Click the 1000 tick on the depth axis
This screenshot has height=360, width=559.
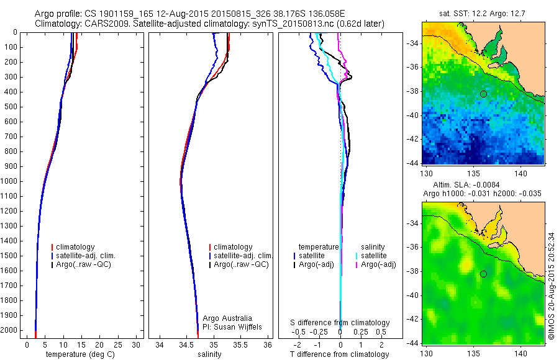click(x=14, y=181)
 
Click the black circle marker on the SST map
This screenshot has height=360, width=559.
click(x=483, y=94)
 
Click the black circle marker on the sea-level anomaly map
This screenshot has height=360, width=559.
click(x=483, y=274)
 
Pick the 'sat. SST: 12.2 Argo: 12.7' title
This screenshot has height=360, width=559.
click(x=483, y=13)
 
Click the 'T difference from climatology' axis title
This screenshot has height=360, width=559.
click(x=339, y=354)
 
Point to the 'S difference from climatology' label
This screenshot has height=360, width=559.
click(x=340, y=323)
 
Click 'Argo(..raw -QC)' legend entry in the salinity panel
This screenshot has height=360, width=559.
click(x=241, y=264)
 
